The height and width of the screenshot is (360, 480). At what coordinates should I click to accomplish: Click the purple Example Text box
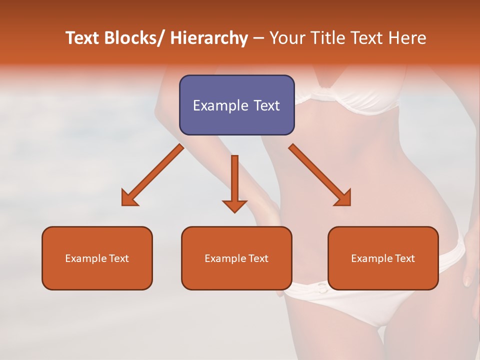pos(236,105)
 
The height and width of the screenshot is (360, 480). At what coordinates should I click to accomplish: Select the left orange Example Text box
pos(97,258)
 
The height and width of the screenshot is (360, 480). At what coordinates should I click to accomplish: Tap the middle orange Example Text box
pos(236,258)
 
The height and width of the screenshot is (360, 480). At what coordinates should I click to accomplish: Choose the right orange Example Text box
pos(383,258)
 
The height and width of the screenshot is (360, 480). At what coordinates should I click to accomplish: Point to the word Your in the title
pos(286,38)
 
